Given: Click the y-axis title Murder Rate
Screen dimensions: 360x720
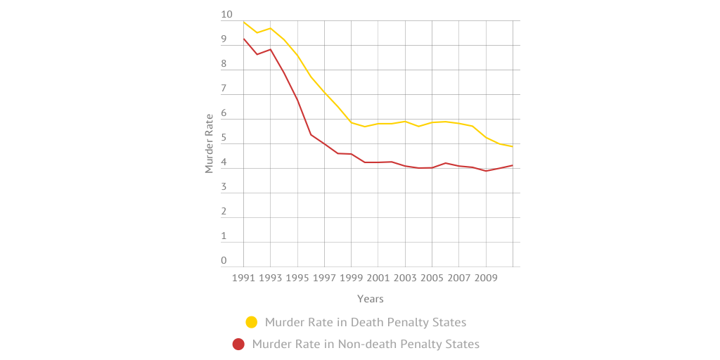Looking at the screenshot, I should (x=209, y=143).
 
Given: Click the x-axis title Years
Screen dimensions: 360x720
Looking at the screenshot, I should (x=370, y=299).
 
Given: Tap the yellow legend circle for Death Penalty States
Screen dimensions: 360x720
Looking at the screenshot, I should (x=251, y=322).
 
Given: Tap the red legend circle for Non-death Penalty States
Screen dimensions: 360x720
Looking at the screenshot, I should (x=238, y=344).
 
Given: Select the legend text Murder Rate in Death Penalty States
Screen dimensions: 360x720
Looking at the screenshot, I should (x=365, y=322).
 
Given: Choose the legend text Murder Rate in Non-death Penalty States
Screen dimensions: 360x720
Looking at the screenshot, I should (x=365, y=344).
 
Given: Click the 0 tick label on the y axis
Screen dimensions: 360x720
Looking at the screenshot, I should (x=224, y=261).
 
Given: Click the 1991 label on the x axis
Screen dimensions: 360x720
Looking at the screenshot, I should (x=244, y=278).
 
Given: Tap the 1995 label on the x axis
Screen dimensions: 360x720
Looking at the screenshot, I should (x=297, y=278).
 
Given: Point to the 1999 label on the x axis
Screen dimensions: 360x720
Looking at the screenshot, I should (x=352, y=278).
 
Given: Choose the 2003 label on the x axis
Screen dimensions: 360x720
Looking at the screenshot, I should (x=405, y=278).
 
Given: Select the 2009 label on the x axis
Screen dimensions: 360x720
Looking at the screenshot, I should (x=486, y=278).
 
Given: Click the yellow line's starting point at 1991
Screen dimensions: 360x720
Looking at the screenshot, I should (x=244, y=22).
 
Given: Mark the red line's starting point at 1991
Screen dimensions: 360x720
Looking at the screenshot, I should (x=244, y=39).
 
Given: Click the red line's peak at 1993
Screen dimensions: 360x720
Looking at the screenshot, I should (x=271, y=49).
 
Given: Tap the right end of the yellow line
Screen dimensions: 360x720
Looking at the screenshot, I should (x=513, y=146).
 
